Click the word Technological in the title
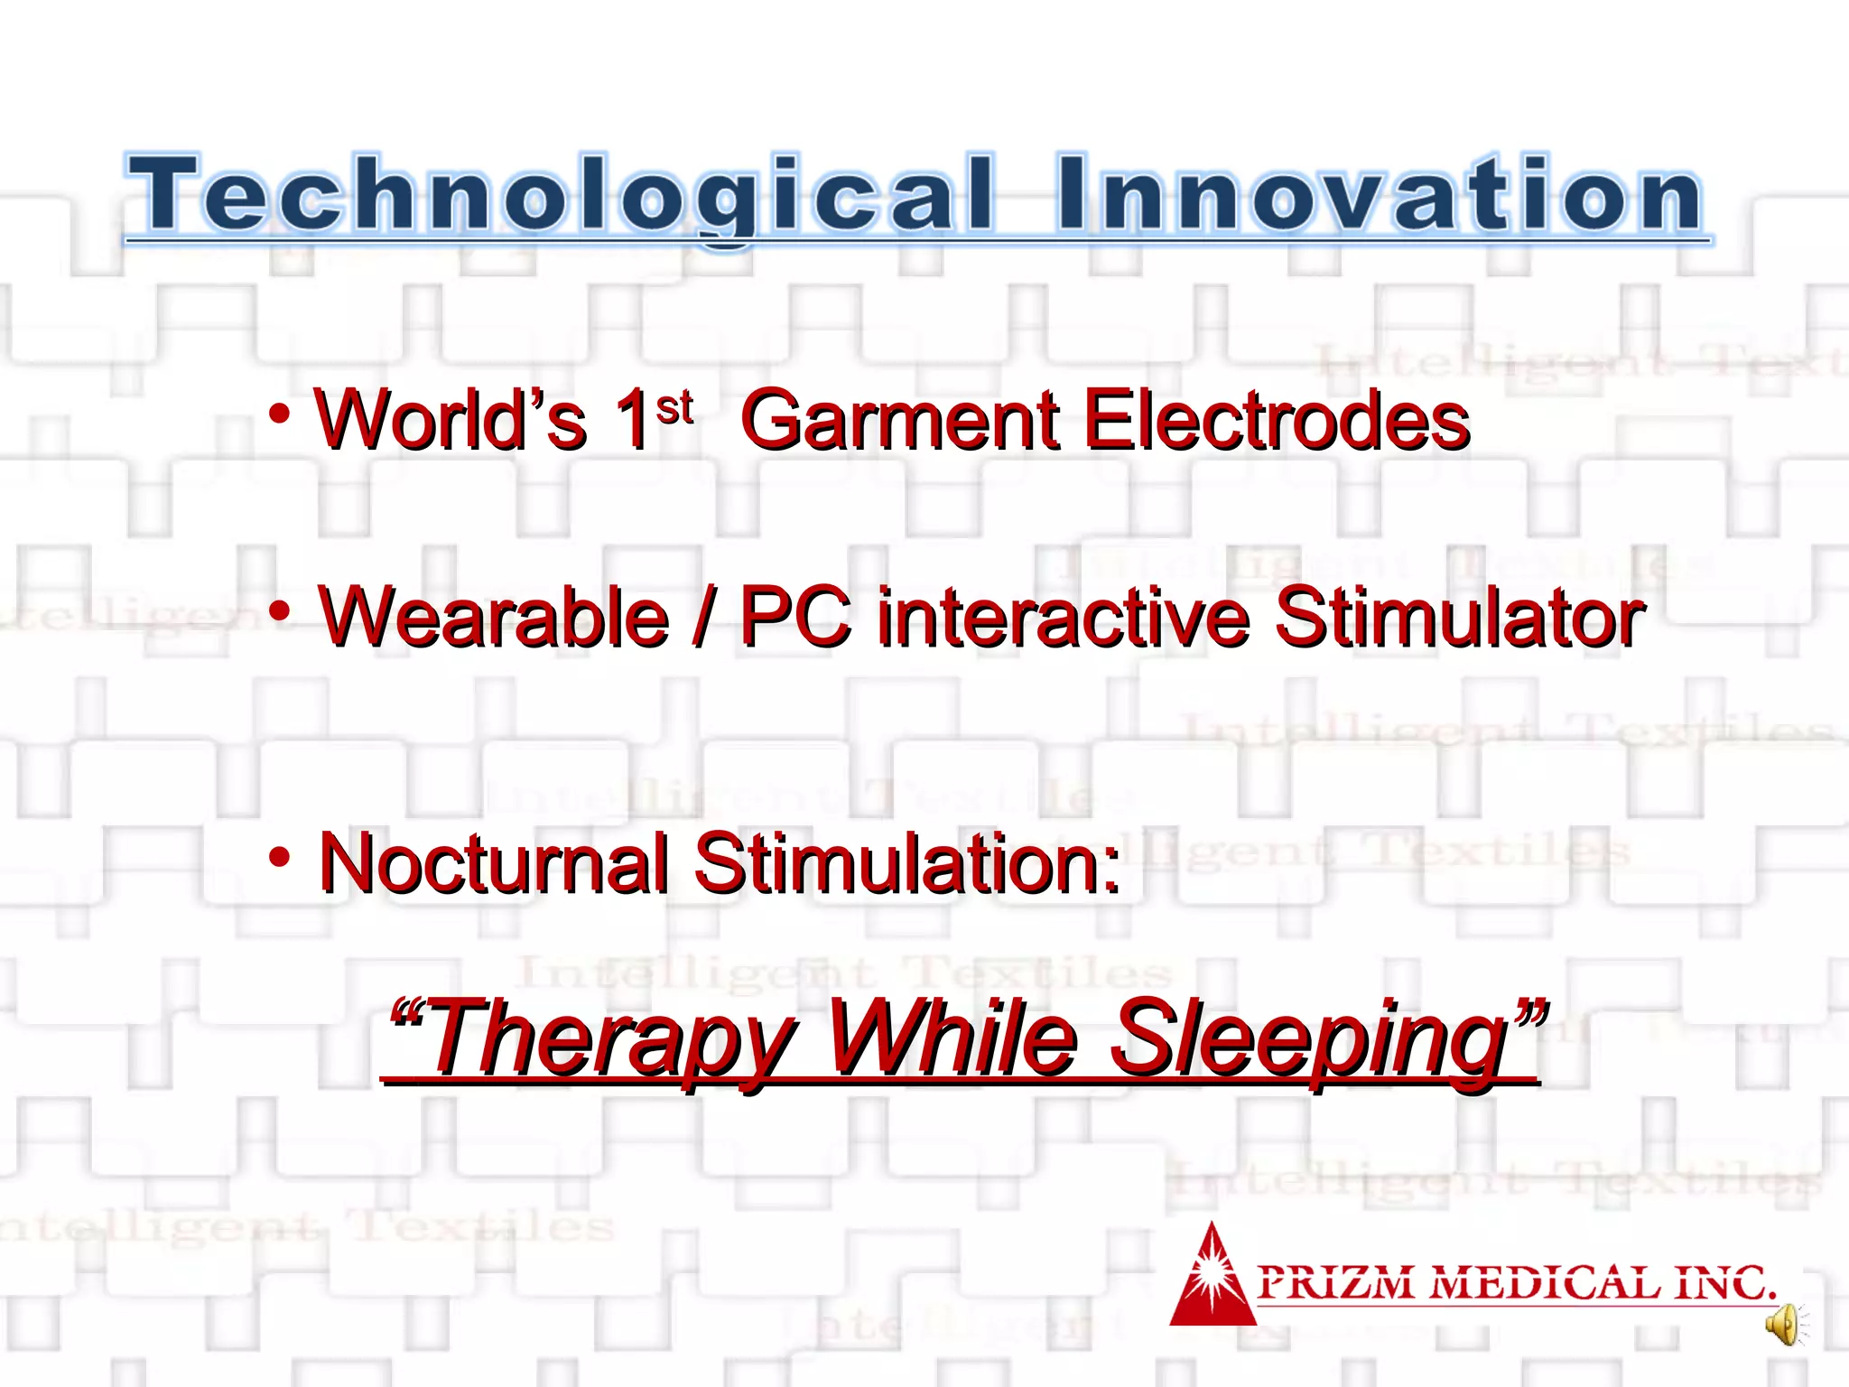[x=560, y=194]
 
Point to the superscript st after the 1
[x=674, y=408]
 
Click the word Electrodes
[x=1277, y=420]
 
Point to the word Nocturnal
[x=495, y=863]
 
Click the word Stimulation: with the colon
[x=907, y=863]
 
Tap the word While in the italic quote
[x=952, y=1038]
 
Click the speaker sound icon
[x=1784, y=1326]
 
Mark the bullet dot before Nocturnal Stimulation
[x=280, y=857]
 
